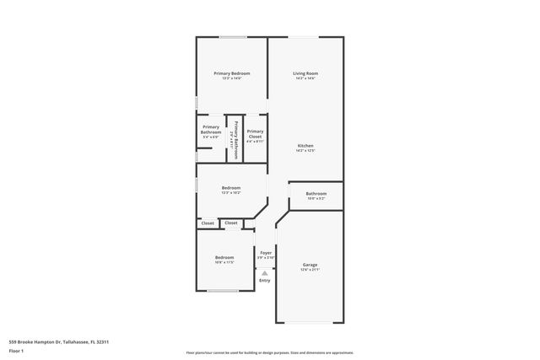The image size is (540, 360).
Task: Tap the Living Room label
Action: point(305,73)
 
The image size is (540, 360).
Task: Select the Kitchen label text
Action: point(305,146)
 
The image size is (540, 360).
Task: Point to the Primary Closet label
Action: point(255,132)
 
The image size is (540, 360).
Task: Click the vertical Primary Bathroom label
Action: point(235,141)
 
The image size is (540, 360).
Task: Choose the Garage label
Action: point(310,264)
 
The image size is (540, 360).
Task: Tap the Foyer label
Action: point(266,252)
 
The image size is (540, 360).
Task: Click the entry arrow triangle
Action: point(265,272)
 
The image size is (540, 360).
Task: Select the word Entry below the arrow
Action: point(265,281)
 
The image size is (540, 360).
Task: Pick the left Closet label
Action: point(208,223)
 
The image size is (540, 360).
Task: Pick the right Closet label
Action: point(231,223)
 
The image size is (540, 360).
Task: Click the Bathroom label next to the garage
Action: point(316,193)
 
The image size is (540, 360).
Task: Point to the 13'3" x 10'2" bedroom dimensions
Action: point(230,192)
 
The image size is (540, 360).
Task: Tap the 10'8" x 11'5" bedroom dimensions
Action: point(224,262)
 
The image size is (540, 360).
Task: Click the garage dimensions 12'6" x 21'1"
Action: point(310,269)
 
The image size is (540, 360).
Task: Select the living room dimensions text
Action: point(305,78)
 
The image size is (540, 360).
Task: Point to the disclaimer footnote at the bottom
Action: point(269,352)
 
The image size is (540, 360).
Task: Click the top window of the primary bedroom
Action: point(233,37)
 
